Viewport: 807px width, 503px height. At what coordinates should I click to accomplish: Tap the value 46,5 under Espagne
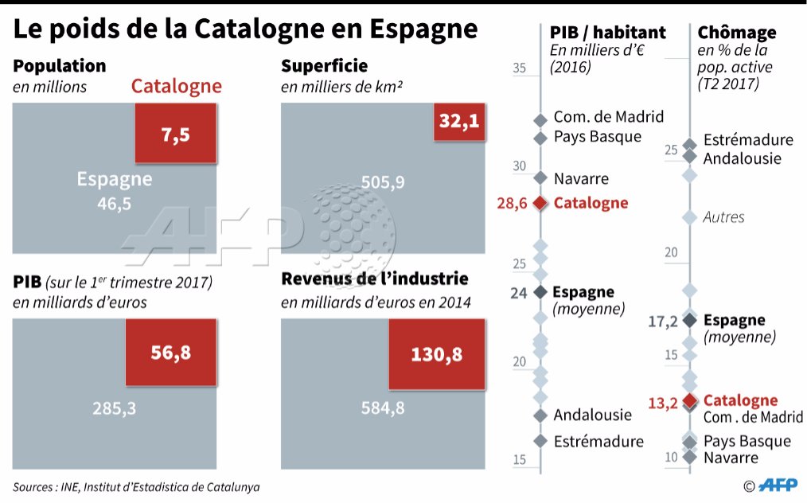[114, 205]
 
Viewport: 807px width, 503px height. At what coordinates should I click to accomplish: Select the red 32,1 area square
[459, 123]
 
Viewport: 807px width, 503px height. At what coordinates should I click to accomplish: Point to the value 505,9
[383, 182]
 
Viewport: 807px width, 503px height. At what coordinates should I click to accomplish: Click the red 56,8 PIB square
[170, 353]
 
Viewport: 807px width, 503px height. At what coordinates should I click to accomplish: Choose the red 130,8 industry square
[436, 354]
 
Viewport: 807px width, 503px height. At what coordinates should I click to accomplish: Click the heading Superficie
[324, 66]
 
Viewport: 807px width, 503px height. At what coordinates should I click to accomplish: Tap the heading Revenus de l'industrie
[374, 279]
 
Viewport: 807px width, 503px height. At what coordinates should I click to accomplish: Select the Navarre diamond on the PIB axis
[540, 178]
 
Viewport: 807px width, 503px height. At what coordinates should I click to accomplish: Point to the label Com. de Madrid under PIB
[608, 117]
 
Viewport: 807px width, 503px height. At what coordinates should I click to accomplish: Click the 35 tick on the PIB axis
[520, 68]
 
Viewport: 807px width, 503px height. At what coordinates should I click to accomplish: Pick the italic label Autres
[723, 216]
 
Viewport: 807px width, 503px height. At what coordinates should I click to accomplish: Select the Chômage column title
[736, 33]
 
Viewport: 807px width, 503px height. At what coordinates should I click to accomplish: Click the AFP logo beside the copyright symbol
[780, 485]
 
